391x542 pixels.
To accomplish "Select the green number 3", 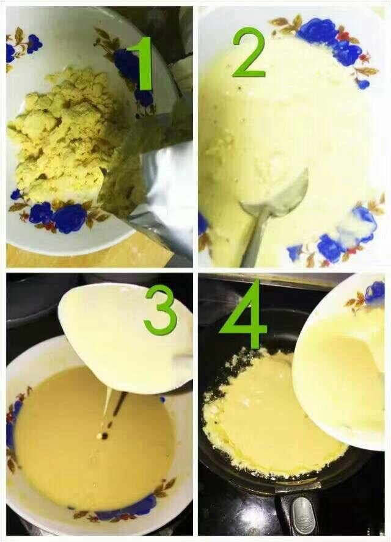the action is point(160,310).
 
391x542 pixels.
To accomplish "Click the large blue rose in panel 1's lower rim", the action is point(69,219).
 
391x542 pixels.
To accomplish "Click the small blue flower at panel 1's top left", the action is point(34,43).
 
